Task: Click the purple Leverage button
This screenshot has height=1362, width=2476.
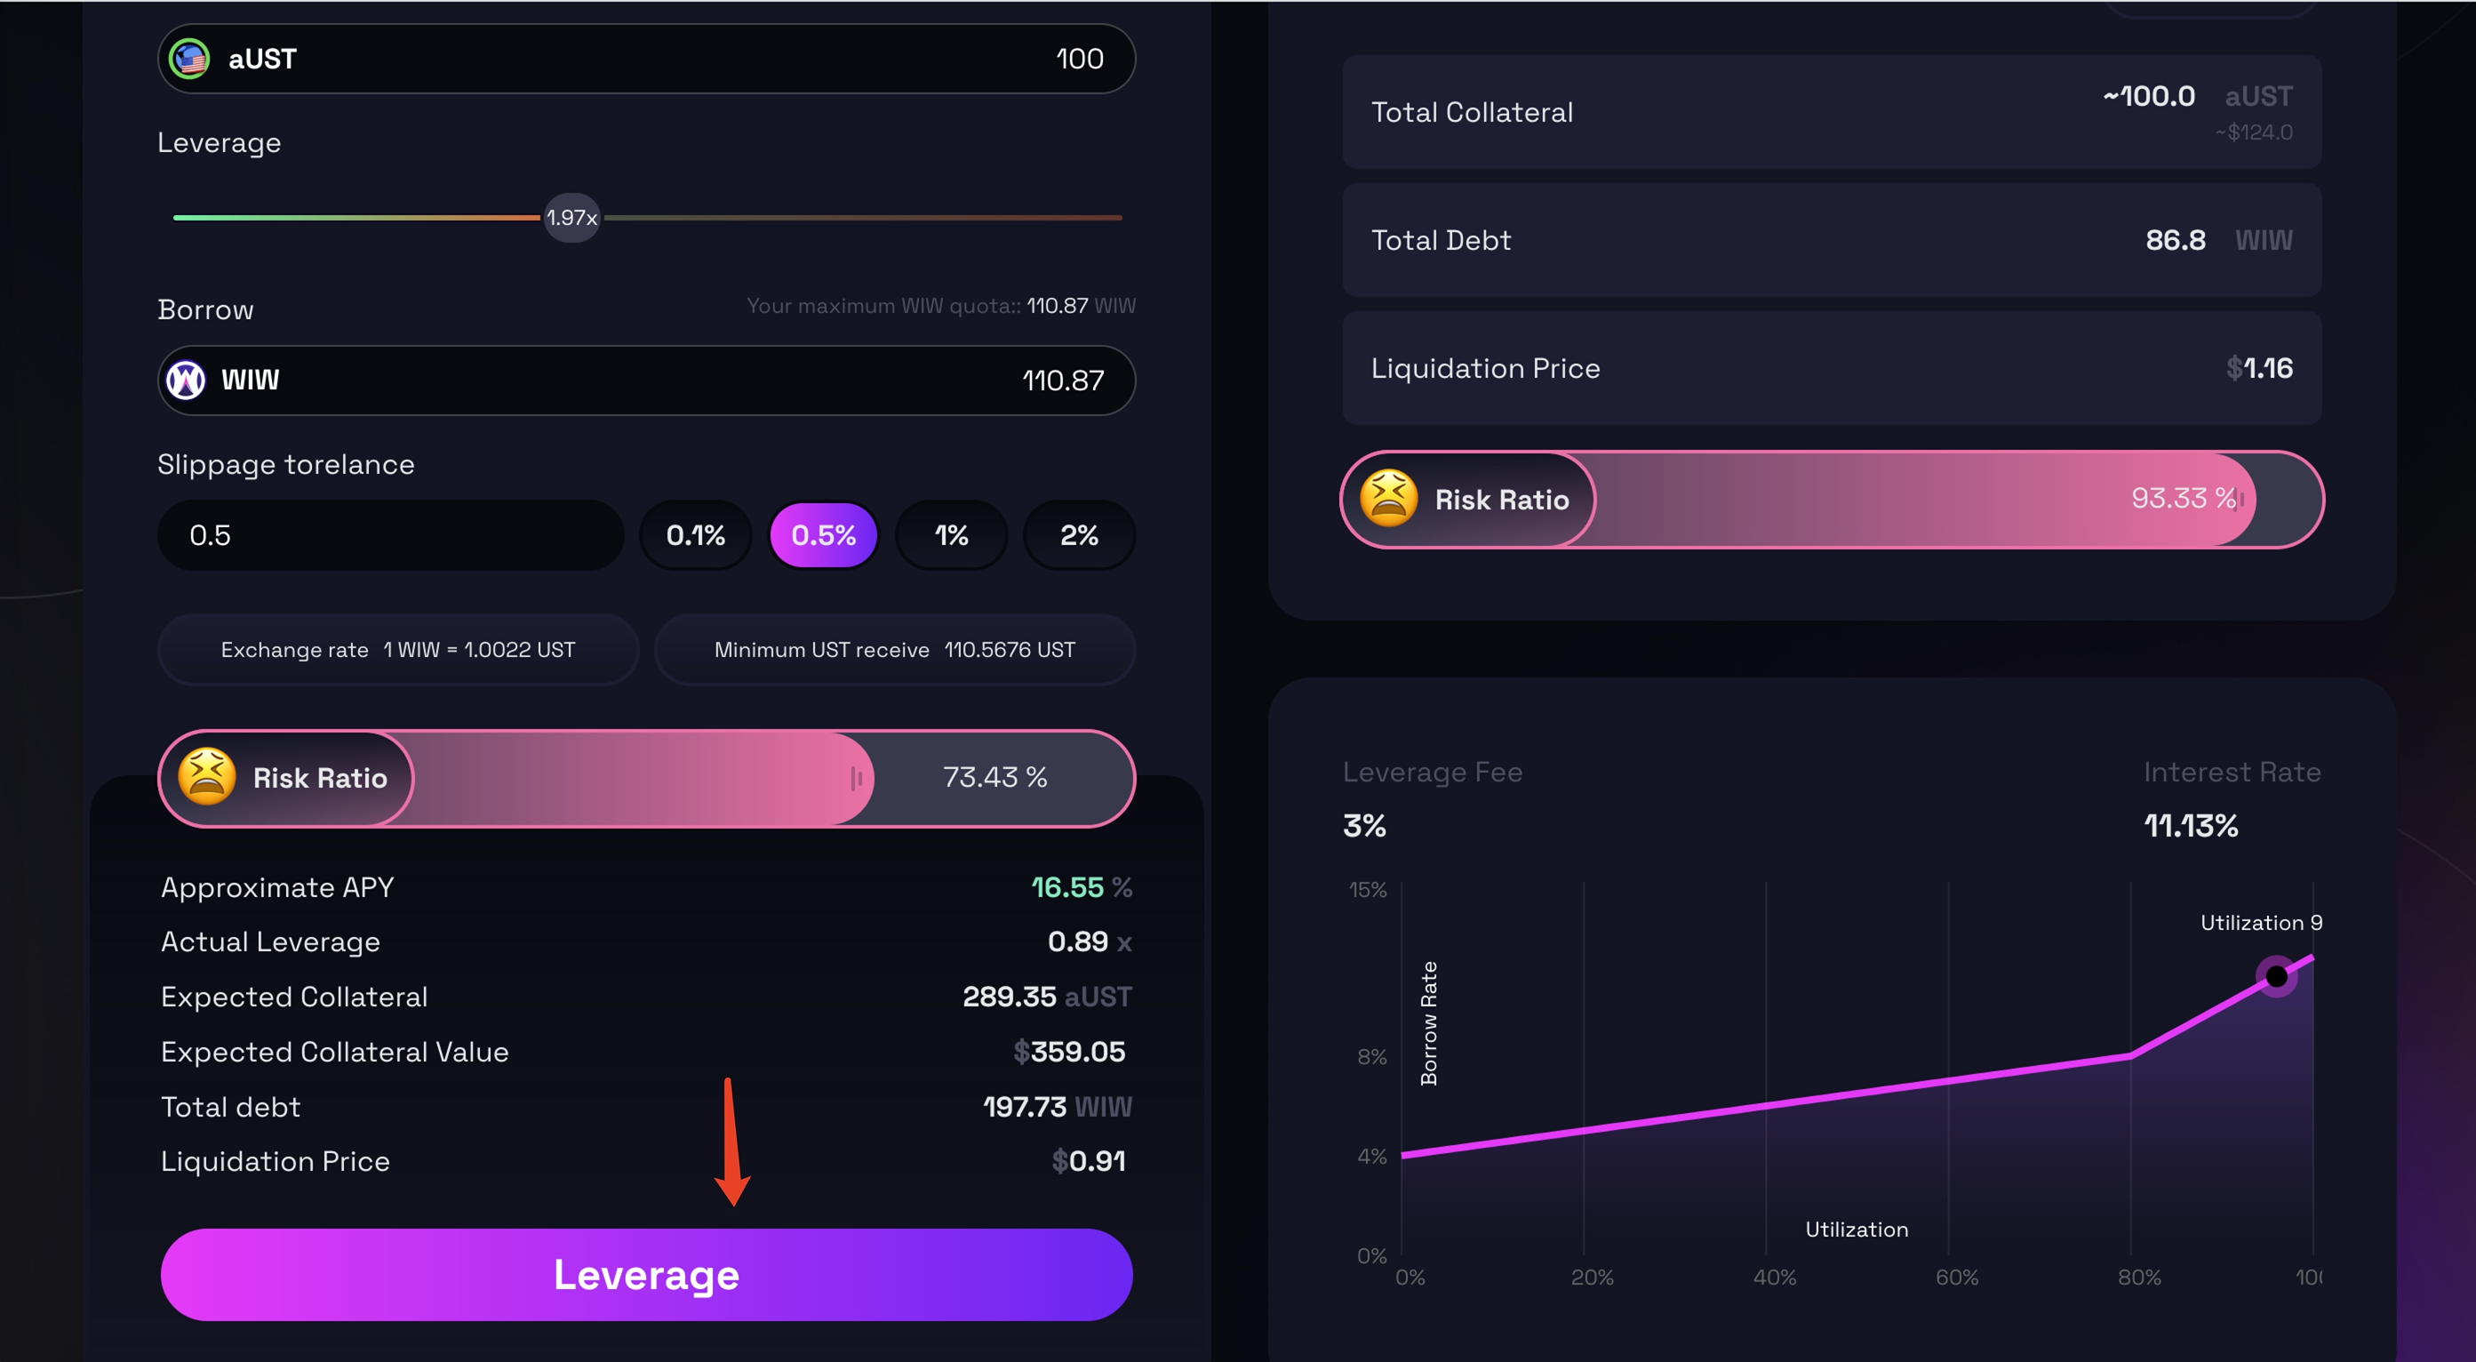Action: tap(646, 1274)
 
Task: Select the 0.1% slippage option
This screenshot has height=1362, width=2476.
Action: tap(695, 535)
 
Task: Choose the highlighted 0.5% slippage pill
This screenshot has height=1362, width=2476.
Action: tap(823, 535)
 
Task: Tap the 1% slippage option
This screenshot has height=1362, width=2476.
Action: tap(951, 535)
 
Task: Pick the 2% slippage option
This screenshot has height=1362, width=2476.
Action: tap(1078, 535)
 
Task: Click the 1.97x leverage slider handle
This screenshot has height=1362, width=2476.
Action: tap(572, 218)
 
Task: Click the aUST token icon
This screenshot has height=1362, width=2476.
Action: tap(189, 59)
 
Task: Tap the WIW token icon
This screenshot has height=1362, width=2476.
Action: tap(187, 380)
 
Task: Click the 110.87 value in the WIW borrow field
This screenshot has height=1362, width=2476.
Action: tap(1062, 381)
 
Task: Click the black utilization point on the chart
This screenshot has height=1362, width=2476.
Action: tap(2276, 976)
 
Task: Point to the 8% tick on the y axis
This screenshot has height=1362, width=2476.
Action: tap(1371, 1056)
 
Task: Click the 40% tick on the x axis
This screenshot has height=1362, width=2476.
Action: tap(1774, 1278)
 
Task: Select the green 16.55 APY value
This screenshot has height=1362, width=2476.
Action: tap(1066, 887)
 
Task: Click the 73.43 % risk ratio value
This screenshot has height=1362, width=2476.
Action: tap(994, 777)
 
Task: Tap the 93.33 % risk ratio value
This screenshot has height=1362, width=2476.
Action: tap(2183, 498)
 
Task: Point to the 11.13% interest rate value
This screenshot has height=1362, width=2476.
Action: tap(2191, 826)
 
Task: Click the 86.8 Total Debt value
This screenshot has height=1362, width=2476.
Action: tap(2175, 240)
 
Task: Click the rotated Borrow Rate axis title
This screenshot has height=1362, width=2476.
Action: tap(1428, 1022)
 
